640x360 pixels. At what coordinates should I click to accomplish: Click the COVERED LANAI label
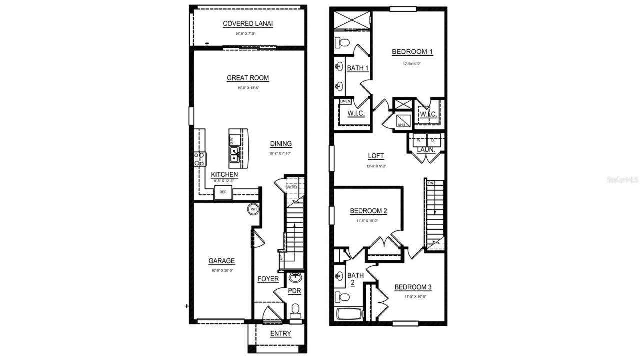tap(248, 23)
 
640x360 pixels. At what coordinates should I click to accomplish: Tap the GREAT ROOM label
tap(248, 78)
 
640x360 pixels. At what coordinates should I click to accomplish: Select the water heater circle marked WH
tap(253, 209)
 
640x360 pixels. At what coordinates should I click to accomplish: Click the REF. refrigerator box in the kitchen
tap(223, 192)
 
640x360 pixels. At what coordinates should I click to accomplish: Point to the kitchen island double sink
tap(234, 156)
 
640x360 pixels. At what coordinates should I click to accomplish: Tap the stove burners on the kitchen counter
tap(200, 159)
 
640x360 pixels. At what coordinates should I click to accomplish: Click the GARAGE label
tap(221, 261)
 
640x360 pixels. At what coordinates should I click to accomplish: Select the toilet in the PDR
tap(295, 311)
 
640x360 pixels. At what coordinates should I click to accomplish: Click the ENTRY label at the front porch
tap(280, 334)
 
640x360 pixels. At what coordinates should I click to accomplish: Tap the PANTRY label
tap(291, 187)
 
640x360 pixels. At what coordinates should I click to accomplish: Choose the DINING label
tap(281, 144)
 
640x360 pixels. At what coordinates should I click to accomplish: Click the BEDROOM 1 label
tap(412, 51)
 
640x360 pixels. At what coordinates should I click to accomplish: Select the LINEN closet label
tap(345, 101)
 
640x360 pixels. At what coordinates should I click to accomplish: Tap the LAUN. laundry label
tap(426, 149)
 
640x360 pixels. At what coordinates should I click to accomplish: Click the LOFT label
tap(376, 156)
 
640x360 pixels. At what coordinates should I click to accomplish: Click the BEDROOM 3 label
tap(413, 287)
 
